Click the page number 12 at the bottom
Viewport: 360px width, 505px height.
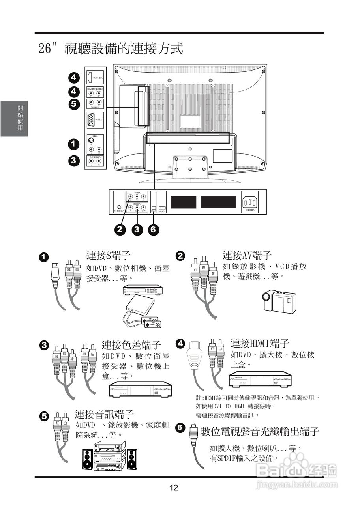point(174,488)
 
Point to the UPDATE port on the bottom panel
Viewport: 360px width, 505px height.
point(162,208)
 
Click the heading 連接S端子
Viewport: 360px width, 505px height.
point(109,255)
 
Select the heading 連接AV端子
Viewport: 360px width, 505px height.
point(247,255)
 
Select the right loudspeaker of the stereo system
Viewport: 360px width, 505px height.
point(132,459)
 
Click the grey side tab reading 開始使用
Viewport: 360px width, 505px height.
point(14,118)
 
